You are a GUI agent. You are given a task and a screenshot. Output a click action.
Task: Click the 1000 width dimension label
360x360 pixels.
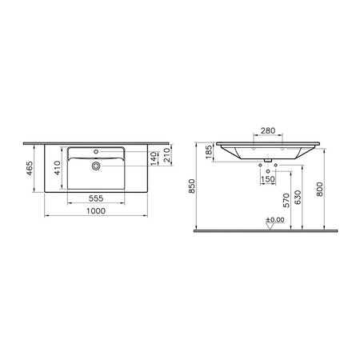tap(96, 211)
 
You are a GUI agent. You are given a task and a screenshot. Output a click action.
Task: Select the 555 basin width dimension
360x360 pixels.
tap(96, 198)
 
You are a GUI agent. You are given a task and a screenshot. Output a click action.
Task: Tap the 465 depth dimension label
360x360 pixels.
tap(30, 168)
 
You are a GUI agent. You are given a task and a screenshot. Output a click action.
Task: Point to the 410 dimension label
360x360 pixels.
tap(58, 168)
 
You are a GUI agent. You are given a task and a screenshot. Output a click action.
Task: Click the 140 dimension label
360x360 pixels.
tap(154, 158)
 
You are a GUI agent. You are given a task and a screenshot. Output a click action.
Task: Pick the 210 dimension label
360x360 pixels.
tap(166, 155)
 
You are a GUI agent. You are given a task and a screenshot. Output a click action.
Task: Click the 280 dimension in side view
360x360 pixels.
tap(268, 130)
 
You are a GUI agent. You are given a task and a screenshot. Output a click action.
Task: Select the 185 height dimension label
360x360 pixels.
tap(210, 152)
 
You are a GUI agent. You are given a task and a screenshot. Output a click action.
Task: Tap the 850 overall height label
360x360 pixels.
tap(192, 186)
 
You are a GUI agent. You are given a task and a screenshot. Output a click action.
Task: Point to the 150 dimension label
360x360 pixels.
tap(268, 179)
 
